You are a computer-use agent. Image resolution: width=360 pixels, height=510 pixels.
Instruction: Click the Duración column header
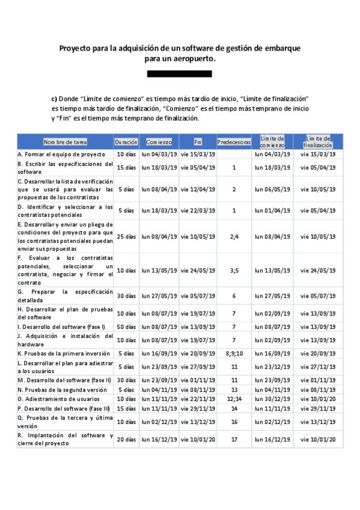click(126, 143)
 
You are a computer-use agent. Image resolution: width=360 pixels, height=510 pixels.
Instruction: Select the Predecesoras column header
click(234, 143)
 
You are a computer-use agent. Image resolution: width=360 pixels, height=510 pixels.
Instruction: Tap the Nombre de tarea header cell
click(65, 143)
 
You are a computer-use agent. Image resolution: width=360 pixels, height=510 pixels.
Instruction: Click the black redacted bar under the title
click(180, 74)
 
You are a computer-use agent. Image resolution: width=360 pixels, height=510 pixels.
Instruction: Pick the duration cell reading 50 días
click(126, 326)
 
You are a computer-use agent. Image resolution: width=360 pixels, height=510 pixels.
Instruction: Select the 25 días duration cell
click(126, 236)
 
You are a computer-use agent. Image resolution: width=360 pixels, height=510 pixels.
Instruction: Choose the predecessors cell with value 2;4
click(234, 236)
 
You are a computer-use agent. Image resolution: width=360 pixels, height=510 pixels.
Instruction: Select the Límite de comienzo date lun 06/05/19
click(272, 189)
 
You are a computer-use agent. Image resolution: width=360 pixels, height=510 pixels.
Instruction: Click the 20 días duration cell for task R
click(126, 440)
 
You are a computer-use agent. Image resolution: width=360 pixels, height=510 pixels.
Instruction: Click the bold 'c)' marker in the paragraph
click(54, 98)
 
